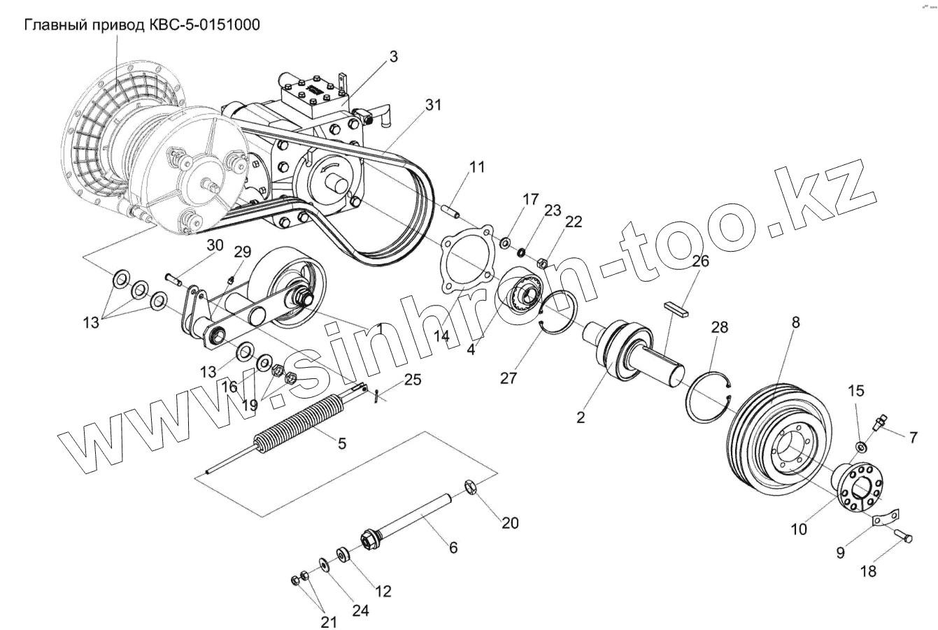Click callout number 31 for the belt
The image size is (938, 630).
(x=433, y=106)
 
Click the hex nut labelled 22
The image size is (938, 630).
(x=541, y=264)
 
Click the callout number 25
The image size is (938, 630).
(x=413, y=381)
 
